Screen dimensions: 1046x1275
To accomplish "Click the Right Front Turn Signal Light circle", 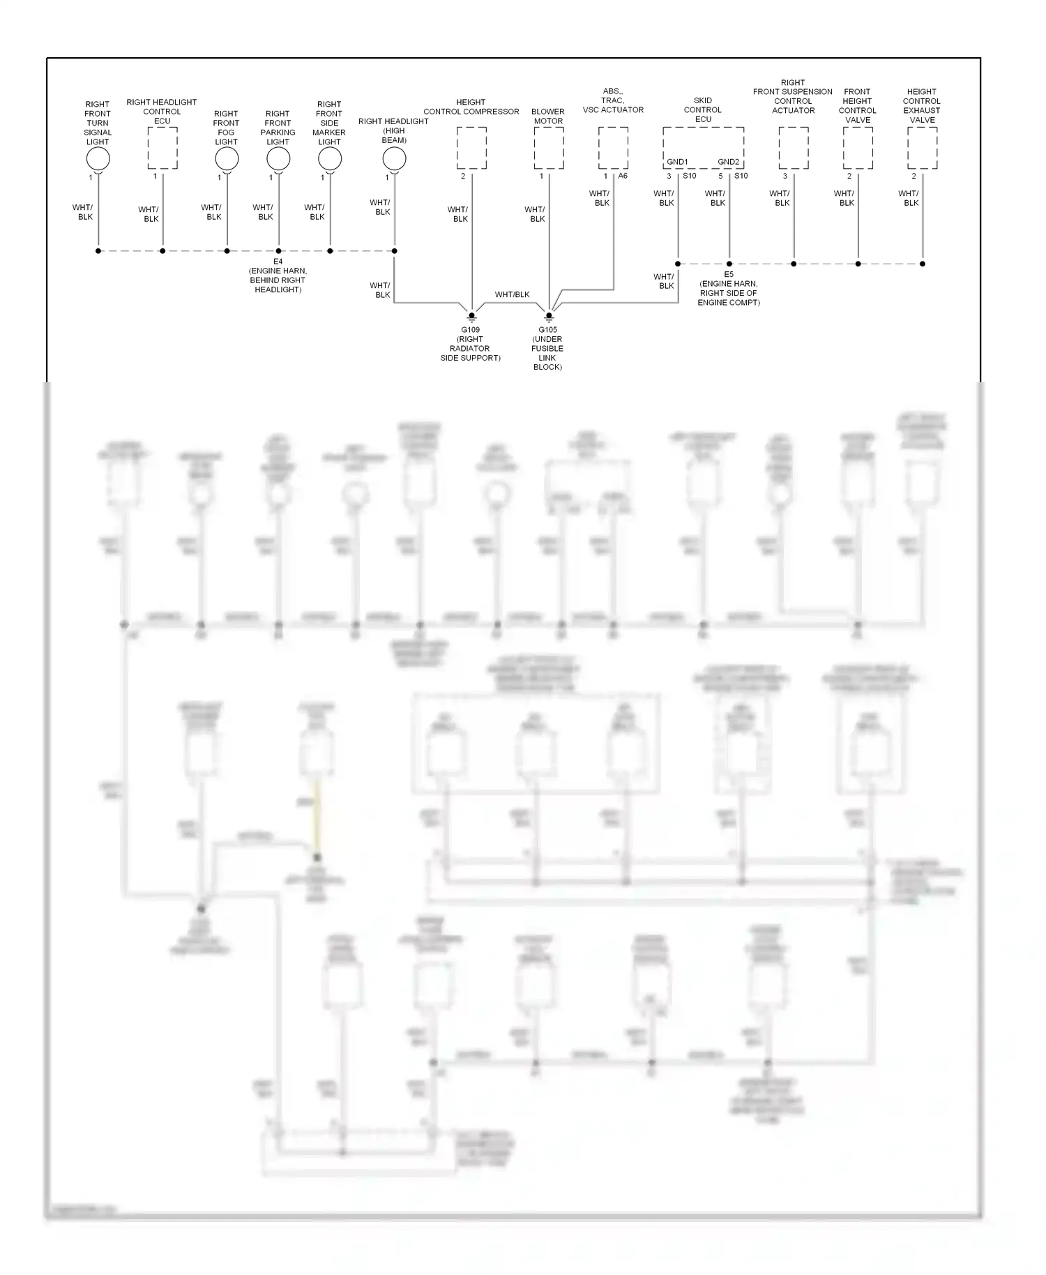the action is click(x=98, y=159).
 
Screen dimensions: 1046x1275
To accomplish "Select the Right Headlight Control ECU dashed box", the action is click(x=162, y=148).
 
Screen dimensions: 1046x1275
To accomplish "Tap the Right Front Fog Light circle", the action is click(x=227, y=159).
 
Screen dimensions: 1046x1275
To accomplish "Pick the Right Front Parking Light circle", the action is click(x=278, y=159).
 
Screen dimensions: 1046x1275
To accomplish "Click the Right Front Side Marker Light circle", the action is click(x=330, y=159).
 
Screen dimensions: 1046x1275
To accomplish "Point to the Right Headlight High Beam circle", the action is click(x=394, y=159).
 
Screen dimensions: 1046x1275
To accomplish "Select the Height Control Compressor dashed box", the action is click(x=471, y=148).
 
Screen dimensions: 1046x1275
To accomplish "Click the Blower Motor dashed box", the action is click(x=549, y=148).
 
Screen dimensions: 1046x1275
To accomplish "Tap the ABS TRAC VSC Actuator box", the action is click(x=613, y=148).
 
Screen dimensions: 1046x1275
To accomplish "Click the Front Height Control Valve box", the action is click(x=858, y=148).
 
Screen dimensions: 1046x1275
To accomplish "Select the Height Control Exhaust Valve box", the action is click(x=922, y=148).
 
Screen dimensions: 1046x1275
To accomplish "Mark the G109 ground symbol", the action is click(x=471, y=317).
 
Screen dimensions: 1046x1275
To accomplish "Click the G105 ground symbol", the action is click(x=549, y=317).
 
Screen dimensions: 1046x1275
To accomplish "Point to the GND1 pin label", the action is click(x=677, y=162).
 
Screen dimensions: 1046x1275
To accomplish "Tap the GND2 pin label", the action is click(x=729, y=162).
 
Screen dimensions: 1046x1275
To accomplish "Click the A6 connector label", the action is click(x=623, y=176).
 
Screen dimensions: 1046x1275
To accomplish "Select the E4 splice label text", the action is click(x=278, y=262).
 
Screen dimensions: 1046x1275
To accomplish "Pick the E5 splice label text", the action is click(x=729, y=275).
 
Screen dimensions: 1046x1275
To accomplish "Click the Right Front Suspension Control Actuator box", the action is click(x=794, y=148).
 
